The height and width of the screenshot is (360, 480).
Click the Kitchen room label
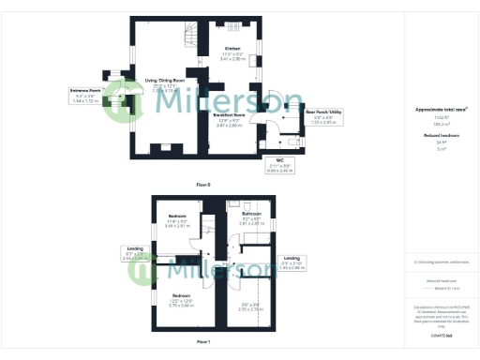(232, 52)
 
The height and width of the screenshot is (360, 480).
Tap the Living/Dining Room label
(162, 84)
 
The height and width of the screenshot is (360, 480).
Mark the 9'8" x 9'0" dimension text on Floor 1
(248, 306)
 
